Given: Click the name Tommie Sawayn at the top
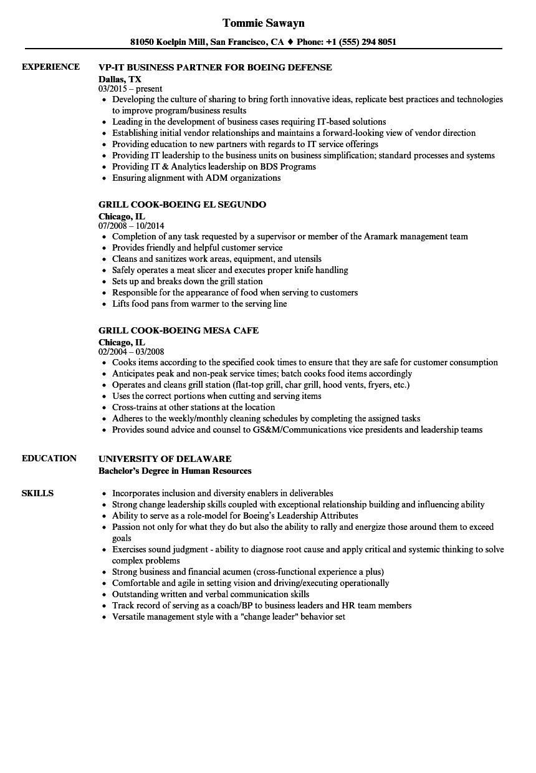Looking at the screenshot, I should click(263, 23).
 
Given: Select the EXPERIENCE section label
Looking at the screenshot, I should click(50, 67).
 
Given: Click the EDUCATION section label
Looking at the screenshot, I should click(49, 458).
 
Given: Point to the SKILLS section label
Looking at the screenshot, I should click(37, 493).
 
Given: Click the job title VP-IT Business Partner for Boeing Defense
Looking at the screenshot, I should click(215, 67).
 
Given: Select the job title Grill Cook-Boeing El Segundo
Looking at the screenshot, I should click(182, 204).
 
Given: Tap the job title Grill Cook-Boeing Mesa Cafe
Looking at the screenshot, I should click(178, 330).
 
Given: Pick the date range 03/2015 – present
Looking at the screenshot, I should click(130, 89).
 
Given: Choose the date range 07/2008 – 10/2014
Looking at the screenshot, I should click(132, 226).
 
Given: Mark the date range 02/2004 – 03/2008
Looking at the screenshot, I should click(132, 352).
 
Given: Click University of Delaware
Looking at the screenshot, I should click(165, 459).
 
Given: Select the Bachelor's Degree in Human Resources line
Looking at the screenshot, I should click(175, 471).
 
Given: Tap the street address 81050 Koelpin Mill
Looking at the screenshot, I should click(168, 42).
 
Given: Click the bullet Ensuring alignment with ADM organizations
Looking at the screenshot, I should click(196, 178).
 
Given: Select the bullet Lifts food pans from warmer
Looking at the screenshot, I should click(199, 304).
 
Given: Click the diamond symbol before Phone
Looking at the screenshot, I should click(290, 42).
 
